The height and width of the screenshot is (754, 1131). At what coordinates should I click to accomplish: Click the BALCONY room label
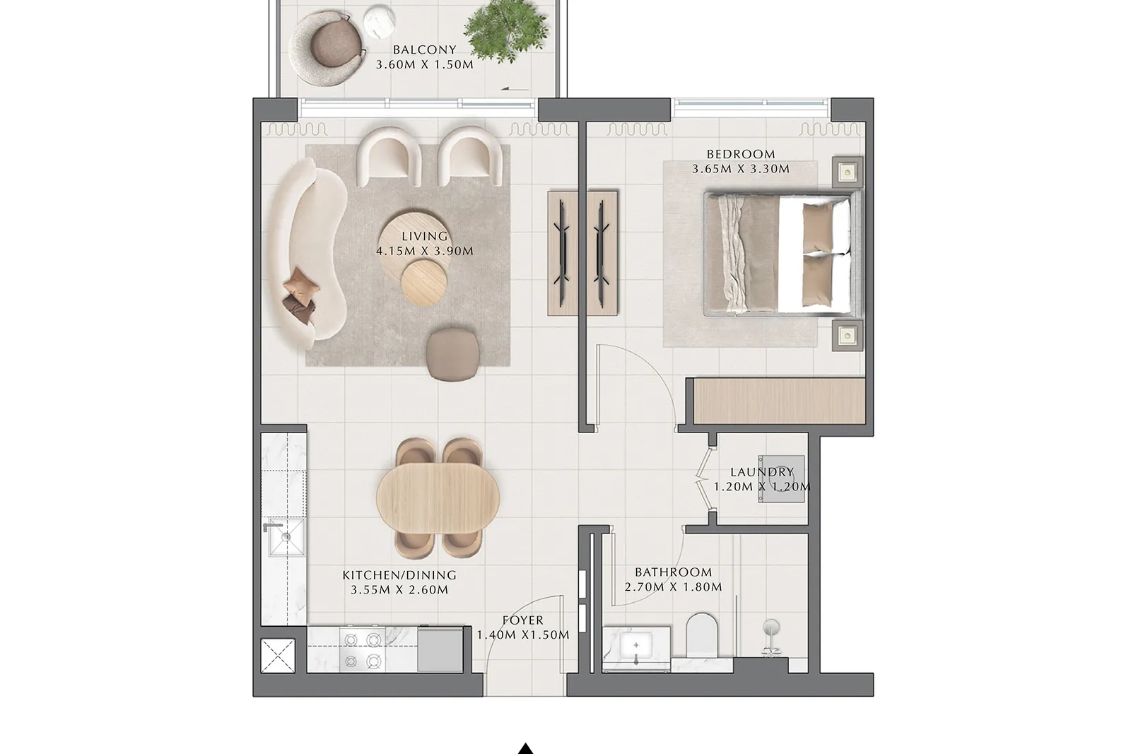(x=425, y=49)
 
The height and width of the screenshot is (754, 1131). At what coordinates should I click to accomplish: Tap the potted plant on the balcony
(x=505, y=31)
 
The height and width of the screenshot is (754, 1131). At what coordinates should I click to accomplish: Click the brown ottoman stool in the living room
(x=452, y=354)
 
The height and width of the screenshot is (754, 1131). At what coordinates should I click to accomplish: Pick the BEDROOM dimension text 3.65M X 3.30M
(x=740, y=169)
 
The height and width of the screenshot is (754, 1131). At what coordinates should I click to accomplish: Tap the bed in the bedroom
(x=783, y=254)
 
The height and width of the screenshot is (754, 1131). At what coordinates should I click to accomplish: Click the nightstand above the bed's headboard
(x=848, y=172)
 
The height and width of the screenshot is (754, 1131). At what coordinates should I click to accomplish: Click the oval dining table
(x=438, y=497)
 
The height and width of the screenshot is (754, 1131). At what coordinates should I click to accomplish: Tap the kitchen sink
(x=286, y=537)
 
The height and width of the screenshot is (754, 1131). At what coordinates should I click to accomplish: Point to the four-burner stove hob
(x=362, y=650)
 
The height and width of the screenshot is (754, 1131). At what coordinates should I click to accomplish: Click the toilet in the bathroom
(x=702, y=635)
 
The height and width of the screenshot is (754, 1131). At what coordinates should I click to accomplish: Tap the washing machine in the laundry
(x=780, y=479)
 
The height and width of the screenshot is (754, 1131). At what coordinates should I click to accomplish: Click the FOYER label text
(x=523, y=620)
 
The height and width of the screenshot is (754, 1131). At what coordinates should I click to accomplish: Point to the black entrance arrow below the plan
(x=526, y=748)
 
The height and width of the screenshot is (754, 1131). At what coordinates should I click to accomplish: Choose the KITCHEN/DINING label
(x=399, y=575)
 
